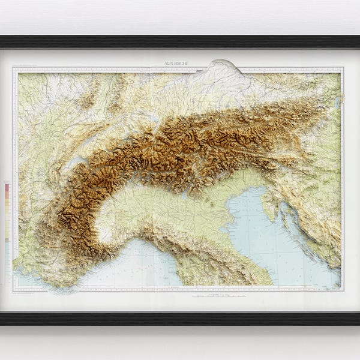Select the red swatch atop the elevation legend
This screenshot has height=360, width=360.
click(x=7, y=187)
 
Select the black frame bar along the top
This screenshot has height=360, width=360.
click(x=180, y=41)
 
